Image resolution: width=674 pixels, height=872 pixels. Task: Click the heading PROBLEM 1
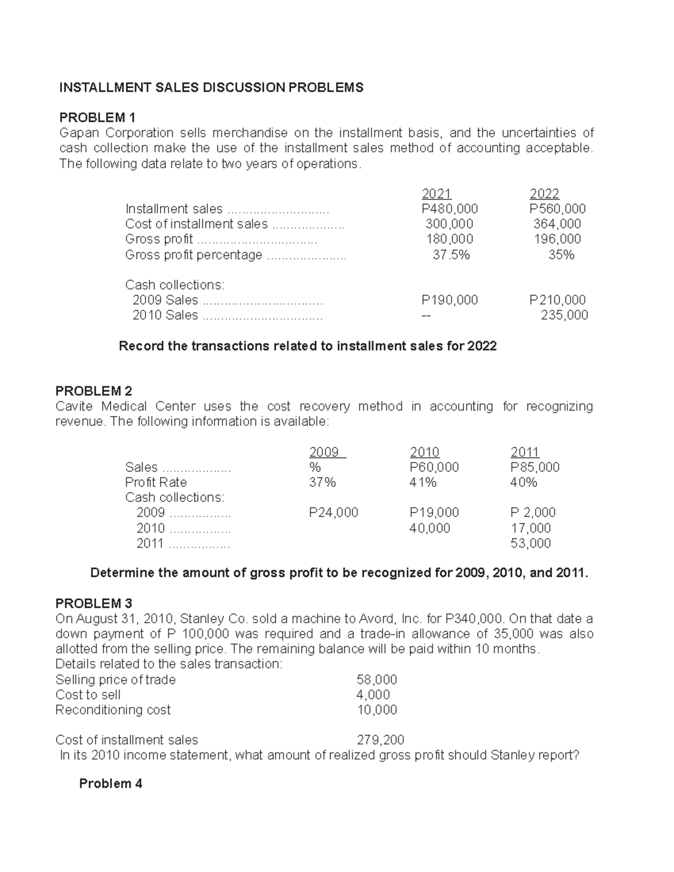click(97, 117)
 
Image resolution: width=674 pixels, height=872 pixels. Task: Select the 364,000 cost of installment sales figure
click(557, 224)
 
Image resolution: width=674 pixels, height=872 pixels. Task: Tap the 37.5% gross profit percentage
click(451, 255)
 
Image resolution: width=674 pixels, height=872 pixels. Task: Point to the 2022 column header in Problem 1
click(544, 194)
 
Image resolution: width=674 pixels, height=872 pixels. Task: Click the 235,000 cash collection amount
click(564, 315)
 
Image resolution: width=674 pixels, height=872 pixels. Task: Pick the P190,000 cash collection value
click(449, 300)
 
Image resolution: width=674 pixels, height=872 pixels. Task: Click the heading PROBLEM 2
click(93, 391)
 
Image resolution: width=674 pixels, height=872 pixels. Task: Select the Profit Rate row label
click(156, 482)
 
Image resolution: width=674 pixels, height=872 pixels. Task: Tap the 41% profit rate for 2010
click(423, 482)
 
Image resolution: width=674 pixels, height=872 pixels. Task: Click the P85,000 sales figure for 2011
click(535, 467)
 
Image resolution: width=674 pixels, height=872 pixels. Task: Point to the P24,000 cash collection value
click(333, 512)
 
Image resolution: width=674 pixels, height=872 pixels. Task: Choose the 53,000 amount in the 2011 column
click(530, 543)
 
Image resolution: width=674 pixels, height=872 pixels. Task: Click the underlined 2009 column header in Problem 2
click(324, 452)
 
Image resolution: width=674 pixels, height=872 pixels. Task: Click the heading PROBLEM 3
click(93, 603)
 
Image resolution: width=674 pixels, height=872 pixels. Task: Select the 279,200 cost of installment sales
click(380, 740)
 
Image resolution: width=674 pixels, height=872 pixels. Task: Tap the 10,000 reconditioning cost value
click(377, 710)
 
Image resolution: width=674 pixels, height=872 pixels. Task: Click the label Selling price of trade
click(115, 679)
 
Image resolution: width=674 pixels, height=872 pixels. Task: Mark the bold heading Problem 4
click(110, 783)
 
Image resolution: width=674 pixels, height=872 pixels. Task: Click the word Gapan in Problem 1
click(79, 133)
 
